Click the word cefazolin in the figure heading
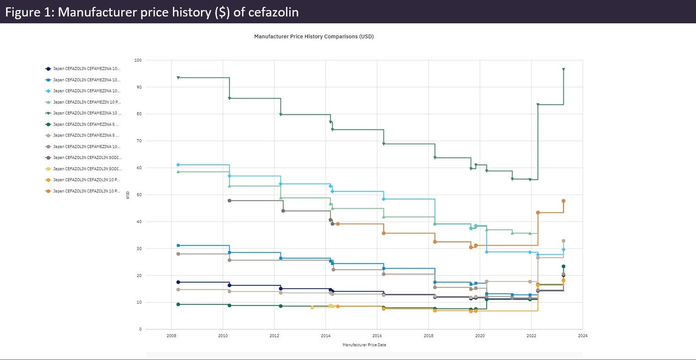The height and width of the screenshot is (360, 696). (273, 12)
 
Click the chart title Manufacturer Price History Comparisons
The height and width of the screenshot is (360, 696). (314, 37)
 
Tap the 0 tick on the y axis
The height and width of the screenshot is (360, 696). (140, 329)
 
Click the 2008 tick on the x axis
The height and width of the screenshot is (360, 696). (171, 336)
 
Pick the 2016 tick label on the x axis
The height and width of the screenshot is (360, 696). (377, 336)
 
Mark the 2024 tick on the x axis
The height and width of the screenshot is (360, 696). (583, 336)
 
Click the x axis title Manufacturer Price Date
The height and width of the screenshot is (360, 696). (364, 345)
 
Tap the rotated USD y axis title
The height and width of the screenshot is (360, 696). (129, 195)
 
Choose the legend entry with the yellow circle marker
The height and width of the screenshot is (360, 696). (87, 169)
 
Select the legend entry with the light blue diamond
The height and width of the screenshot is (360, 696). (87, 91)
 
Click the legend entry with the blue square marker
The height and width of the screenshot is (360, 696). (87, 80)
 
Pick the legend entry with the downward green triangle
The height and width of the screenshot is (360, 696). (87, 113)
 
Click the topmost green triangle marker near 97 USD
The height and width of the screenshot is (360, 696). (563, 70)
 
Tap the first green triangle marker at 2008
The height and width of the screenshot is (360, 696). (178, 78)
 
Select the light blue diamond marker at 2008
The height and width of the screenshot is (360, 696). (178, 165)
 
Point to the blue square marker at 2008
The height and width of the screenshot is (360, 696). (178, 246)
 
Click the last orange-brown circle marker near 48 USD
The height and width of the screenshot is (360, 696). (563, 201)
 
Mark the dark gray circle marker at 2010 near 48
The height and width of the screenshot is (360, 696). (229, 201)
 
